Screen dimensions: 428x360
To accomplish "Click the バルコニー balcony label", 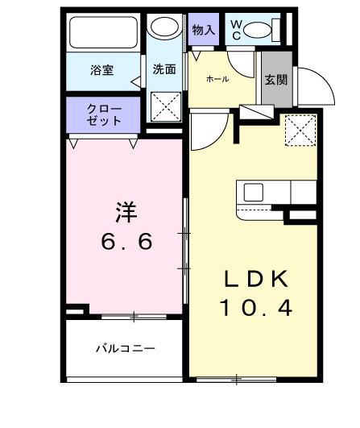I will tap(125, 348).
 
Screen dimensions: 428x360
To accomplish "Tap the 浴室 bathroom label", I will tap(101, 70).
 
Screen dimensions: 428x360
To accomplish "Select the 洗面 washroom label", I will tap(164, 69).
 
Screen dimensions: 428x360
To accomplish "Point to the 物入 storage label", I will tap(204, 30).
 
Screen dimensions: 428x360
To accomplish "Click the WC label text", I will tap(236, 31).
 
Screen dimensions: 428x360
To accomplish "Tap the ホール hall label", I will tap(217, 79).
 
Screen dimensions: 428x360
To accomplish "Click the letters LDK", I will tap(256, 278).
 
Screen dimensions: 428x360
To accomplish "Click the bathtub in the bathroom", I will tap(105, 34).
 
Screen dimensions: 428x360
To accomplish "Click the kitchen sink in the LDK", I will tap(254, 193).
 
